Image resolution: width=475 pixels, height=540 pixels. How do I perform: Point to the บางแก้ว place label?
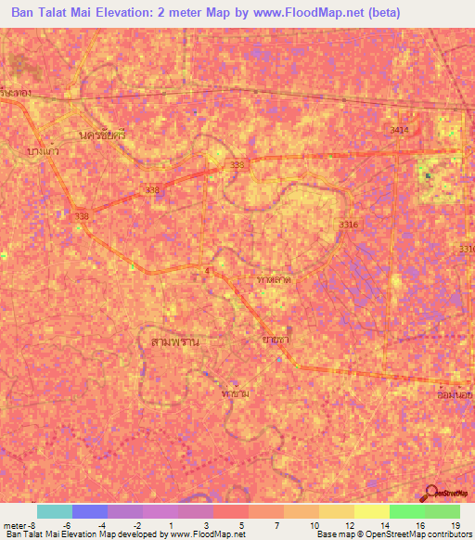45,148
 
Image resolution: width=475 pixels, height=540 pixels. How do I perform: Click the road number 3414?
399,130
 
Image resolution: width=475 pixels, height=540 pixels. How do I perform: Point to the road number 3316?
348,225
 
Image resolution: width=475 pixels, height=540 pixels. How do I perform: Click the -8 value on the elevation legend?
36,525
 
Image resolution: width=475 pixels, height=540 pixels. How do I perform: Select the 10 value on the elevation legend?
316,525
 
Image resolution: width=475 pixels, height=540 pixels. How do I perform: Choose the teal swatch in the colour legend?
54,511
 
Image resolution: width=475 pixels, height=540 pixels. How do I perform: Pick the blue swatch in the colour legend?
90,511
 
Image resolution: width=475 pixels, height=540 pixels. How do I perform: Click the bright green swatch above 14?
406,511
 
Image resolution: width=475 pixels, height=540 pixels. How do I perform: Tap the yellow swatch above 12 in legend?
336,511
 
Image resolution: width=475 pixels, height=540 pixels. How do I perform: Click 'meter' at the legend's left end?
15,525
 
